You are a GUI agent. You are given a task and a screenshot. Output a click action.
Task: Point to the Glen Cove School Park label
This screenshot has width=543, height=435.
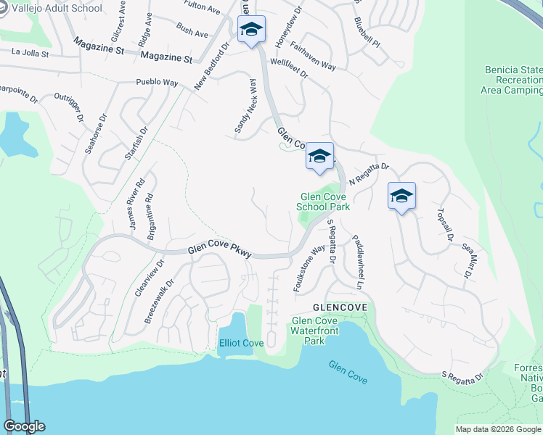click(x=323, y=202)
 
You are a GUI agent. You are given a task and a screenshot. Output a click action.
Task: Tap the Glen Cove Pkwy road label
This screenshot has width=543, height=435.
click(x=219, y=250)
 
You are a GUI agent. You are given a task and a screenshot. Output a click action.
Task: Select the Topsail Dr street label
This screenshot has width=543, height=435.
click(x=444, y=225)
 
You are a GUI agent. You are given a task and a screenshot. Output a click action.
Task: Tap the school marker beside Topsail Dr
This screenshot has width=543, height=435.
click(x=401, y=196)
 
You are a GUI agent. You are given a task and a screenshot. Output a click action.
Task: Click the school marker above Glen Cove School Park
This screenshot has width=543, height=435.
click(x=319, y=156)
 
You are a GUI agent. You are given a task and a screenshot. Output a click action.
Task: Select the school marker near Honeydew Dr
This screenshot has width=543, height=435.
click(x=251, y=30)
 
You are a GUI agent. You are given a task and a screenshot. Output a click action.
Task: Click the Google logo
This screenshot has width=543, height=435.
click(x=23, y=426)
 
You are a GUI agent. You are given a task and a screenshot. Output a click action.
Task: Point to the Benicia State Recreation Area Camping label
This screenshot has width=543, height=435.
click(x=513, y=80)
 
